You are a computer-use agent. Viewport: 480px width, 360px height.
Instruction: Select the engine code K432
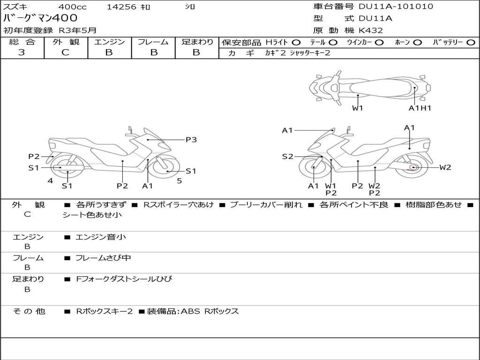click(x=371, y=30)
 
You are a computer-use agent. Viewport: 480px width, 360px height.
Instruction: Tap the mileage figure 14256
click(x=121, y=7)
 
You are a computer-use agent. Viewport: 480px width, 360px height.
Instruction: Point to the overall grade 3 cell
click(x=22, y=52)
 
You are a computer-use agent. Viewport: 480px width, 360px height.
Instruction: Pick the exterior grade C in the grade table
click(x=65, y=52)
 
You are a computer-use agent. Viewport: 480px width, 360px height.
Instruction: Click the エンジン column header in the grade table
click(x=110, y=42)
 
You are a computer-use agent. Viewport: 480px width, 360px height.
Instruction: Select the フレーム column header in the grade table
click(x=153, y=42)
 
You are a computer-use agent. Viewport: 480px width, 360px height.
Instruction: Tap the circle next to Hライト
click(x=296, y=42)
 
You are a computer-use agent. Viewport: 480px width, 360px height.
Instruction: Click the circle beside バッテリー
click(x=471, y=42)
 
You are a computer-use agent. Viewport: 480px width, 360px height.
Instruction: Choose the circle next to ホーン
click(x=417, y=42)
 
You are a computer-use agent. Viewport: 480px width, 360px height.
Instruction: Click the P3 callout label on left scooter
click(x=191, y=140)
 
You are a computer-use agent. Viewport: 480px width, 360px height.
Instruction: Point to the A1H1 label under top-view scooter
click(x=420, y=108)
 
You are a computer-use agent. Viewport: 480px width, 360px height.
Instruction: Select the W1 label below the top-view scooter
click(x=358, y=108)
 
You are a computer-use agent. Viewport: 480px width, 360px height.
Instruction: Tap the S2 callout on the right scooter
click(x=287, y=157)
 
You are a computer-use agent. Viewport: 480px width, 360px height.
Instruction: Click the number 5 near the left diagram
click(x=179, y=180)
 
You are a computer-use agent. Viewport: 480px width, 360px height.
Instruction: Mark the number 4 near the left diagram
click(x=50, y=180)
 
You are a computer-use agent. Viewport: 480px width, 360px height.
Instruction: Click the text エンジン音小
click(x=101, y=237)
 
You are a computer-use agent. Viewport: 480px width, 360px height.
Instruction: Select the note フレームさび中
click(x=103, y=258)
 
